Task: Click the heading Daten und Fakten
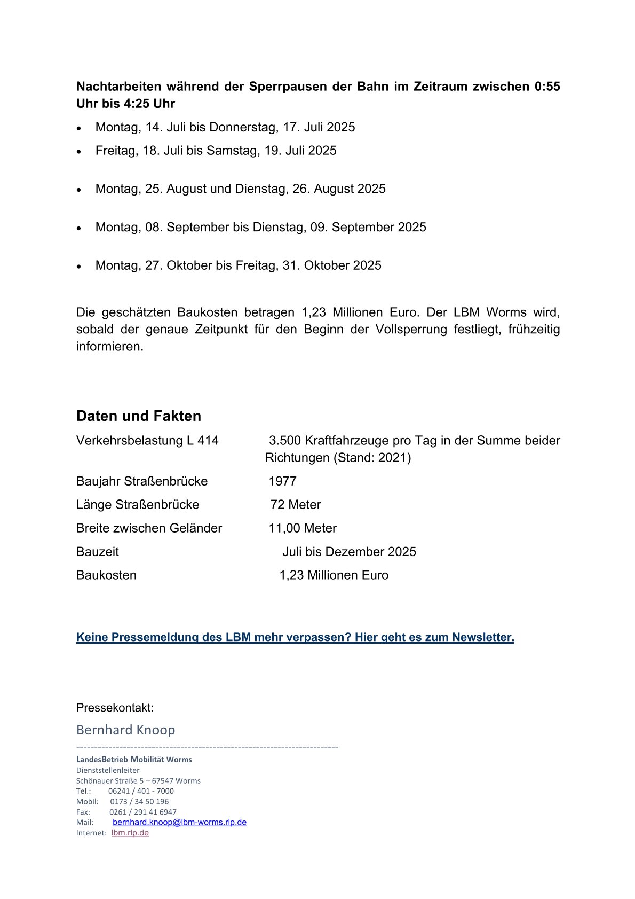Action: tap(139, 416)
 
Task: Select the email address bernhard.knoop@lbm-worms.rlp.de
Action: tap(179, 822)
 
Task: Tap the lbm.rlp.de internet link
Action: tap(130, 833)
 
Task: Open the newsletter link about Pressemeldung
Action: tap(295, 637)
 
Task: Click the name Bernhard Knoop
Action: tap(126, 730)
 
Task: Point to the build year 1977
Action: tap(282, 481)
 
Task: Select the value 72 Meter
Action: tap(296, 505)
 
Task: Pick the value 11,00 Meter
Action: tap(303, 528)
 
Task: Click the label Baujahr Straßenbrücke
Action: tap(142, 481)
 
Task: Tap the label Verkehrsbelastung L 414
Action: tap(147, 441)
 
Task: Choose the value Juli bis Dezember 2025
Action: tap(349, 552)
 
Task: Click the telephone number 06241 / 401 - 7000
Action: tap(141, 791)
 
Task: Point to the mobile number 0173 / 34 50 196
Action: tap(139, 801)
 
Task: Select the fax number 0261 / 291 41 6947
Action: tap(142, 812)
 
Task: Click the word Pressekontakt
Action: tap(115, 708)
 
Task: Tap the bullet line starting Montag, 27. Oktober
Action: tap(238, 265)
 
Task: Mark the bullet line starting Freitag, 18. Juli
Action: tap(216, 151)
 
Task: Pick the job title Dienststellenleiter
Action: tap(108, 770)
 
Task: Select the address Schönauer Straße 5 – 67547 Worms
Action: tap(138, 780)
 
